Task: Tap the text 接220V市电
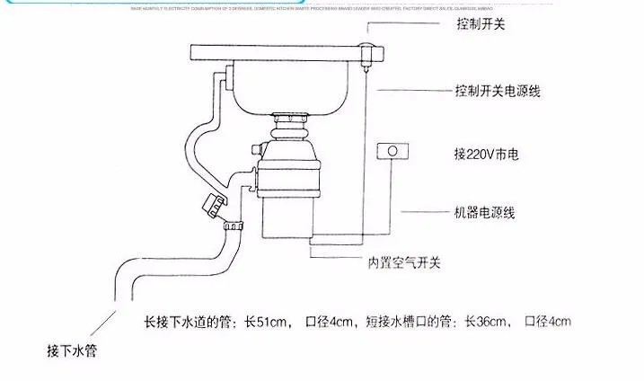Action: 482,154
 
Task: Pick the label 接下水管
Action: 71,350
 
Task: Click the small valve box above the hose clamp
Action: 214,205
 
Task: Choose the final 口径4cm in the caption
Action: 548,322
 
